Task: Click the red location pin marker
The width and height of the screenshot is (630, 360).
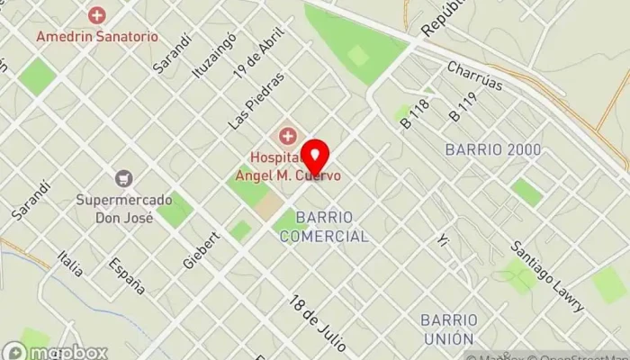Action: pos(315,158)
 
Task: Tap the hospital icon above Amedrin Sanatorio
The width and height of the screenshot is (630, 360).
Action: pos(97,15)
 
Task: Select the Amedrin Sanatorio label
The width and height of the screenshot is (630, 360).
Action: pos(97,37)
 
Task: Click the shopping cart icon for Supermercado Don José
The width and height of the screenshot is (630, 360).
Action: pos(124,179)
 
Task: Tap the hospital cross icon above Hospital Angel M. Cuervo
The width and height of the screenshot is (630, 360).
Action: pos(288,137)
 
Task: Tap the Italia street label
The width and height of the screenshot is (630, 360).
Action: pos(69,262)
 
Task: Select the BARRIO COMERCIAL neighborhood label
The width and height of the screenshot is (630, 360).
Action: pos(323,227)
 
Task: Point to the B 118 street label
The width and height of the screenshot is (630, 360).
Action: pos(415,113)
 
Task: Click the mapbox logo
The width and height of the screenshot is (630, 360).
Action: pos(56,352)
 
